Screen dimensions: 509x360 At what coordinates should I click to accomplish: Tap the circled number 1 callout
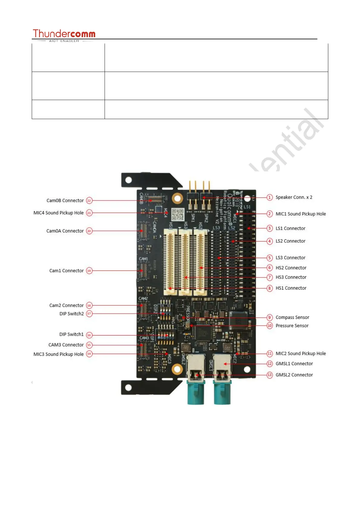[270, 197]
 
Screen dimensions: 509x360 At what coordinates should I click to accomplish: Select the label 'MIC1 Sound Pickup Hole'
[300, 214]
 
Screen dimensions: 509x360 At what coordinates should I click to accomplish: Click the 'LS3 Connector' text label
[290, 258]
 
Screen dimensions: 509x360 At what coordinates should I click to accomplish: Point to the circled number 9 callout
[270, 317]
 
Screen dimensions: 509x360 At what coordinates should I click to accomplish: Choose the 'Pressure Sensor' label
[292, 326]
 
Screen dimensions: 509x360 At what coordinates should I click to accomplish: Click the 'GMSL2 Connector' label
[294, 375]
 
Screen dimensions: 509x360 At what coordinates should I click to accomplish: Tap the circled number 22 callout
[89, 201]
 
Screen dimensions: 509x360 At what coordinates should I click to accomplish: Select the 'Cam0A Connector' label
[65, 231]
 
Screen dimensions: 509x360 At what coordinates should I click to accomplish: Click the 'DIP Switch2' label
[72, 314]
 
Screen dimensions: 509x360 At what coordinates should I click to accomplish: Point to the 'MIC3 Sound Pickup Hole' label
[59, 354]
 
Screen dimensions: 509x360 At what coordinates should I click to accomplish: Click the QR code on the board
[178, 214]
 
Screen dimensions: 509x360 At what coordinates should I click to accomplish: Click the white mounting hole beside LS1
[247, 198]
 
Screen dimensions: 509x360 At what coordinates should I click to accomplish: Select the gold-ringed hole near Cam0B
[177, 198]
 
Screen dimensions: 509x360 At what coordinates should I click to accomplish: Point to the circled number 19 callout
[89, 271]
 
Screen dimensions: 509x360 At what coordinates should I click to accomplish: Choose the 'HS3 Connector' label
[291, 277]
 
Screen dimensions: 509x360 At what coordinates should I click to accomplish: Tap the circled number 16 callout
[89, 335]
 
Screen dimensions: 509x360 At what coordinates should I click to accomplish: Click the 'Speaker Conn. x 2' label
[294, 197]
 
